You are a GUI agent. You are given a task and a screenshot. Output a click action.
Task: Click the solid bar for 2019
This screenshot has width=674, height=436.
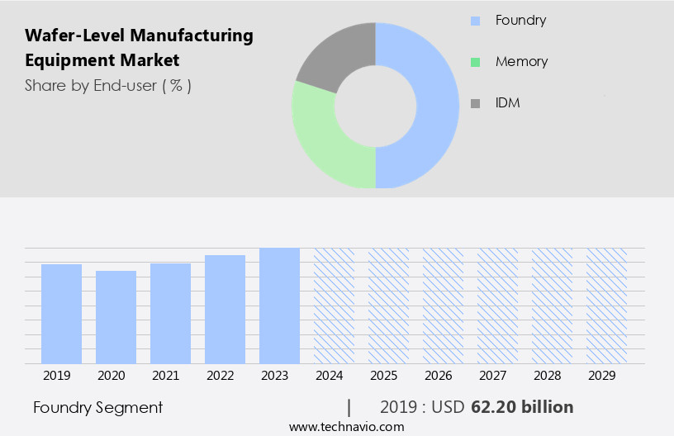click(x=61, y=314)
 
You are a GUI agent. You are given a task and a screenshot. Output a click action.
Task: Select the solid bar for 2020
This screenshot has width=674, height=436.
click(x=116, y=317)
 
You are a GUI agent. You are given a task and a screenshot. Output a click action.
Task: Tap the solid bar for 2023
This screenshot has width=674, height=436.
click(x=279, y=306)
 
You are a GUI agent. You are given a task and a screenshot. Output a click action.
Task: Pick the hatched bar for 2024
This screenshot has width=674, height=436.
click(x=334, y=306)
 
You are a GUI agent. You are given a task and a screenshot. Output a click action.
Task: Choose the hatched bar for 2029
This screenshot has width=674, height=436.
click(x=606, y=306)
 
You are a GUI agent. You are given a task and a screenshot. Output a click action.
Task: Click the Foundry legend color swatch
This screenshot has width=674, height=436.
click(x=475, y=21)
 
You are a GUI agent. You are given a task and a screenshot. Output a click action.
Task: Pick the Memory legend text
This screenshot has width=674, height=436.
click(x=521, y=62)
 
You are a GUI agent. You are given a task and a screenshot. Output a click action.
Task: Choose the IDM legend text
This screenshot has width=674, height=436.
click(x=507, y=103)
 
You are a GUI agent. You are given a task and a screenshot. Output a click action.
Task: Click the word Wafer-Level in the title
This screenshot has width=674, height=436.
click(x=69, y=36)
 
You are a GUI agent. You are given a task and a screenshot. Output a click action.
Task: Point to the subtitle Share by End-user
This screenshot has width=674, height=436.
click(x=91, y=85)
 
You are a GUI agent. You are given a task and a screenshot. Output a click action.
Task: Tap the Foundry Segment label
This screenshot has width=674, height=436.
click(x=98, y=407)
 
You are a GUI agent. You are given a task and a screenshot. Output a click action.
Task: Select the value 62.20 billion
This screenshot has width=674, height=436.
click(x=522, y=407)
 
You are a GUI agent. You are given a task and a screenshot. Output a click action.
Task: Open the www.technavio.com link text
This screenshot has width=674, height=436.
click(x=347, y=427)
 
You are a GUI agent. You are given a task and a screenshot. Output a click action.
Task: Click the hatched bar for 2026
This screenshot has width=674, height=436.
click(x=443, y=306)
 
